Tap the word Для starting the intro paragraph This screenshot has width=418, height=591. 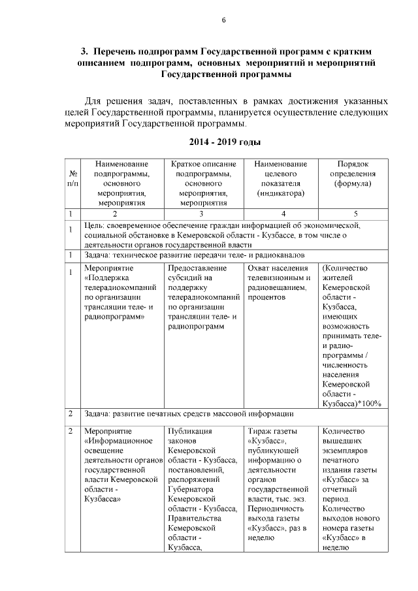click(x=96, y=101)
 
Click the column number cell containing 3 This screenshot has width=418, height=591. click(x=201, y=214)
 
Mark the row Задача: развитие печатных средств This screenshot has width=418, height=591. click(x=189, y=414)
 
